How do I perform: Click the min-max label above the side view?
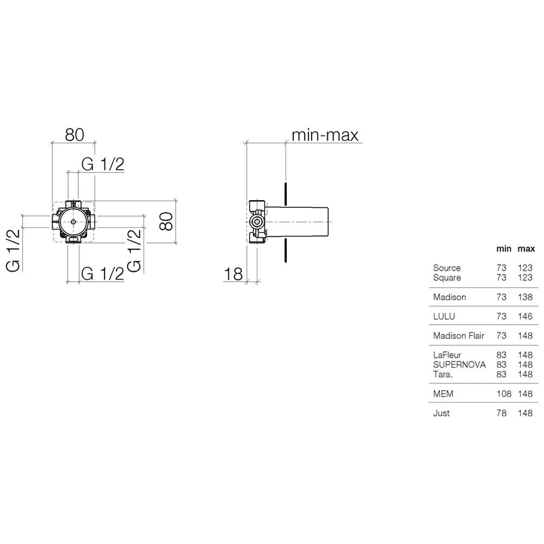[x=325, y=135]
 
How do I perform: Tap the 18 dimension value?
[x=233, y=274]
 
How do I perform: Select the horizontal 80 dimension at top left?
[x=75, y=134]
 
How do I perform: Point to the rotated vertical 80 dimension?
[x=166, y=221]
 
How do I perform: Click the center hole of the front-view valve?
[x=73, y=222]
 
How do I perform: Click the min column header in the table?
[x=503, y=249]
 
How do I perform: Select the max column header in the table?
[x=526, y=249]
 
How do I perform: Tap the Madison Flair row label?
[x=458, y=336]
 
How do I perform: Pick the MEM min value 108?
[x=504, y=394]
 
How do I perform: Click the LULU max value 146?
[x=526, y=316]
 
